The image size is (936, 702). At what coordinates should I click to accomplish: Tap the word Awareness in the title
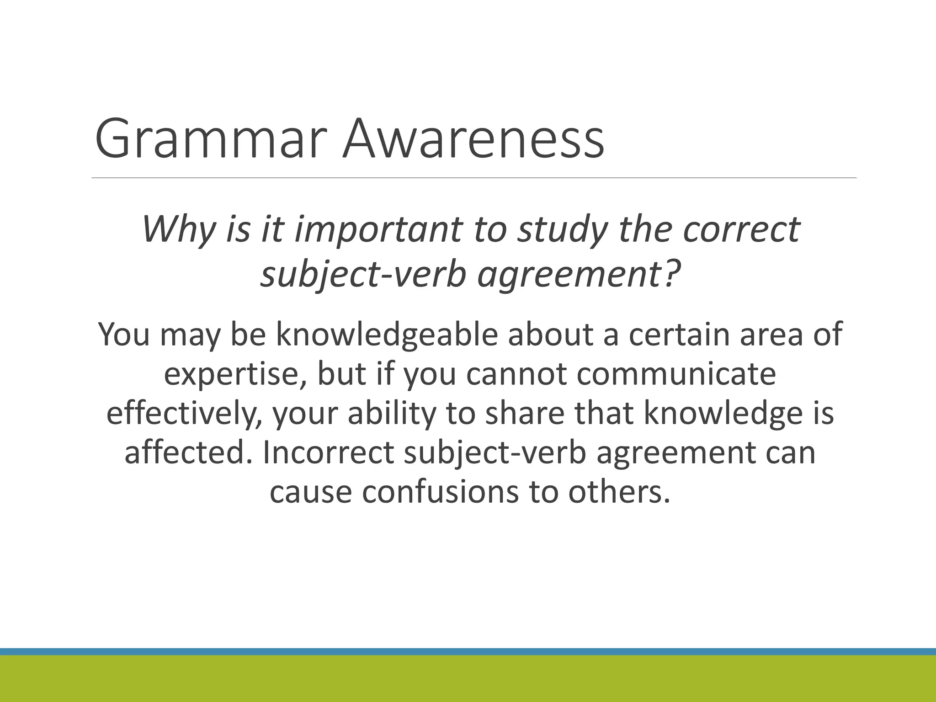pos(473,138)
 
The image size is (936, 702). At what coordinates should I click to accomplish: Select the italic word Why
pos(178,229)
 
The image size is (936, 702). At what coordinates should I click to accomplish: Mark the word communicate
pos(676,374)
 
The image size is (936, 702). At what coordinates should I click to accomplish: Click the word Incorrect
pos(329,452)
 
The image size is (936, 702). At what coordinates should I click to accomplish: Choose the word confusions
pos(441,492)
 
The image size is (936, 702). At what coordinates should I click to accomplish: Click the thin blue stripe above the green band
pos(468,652)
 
